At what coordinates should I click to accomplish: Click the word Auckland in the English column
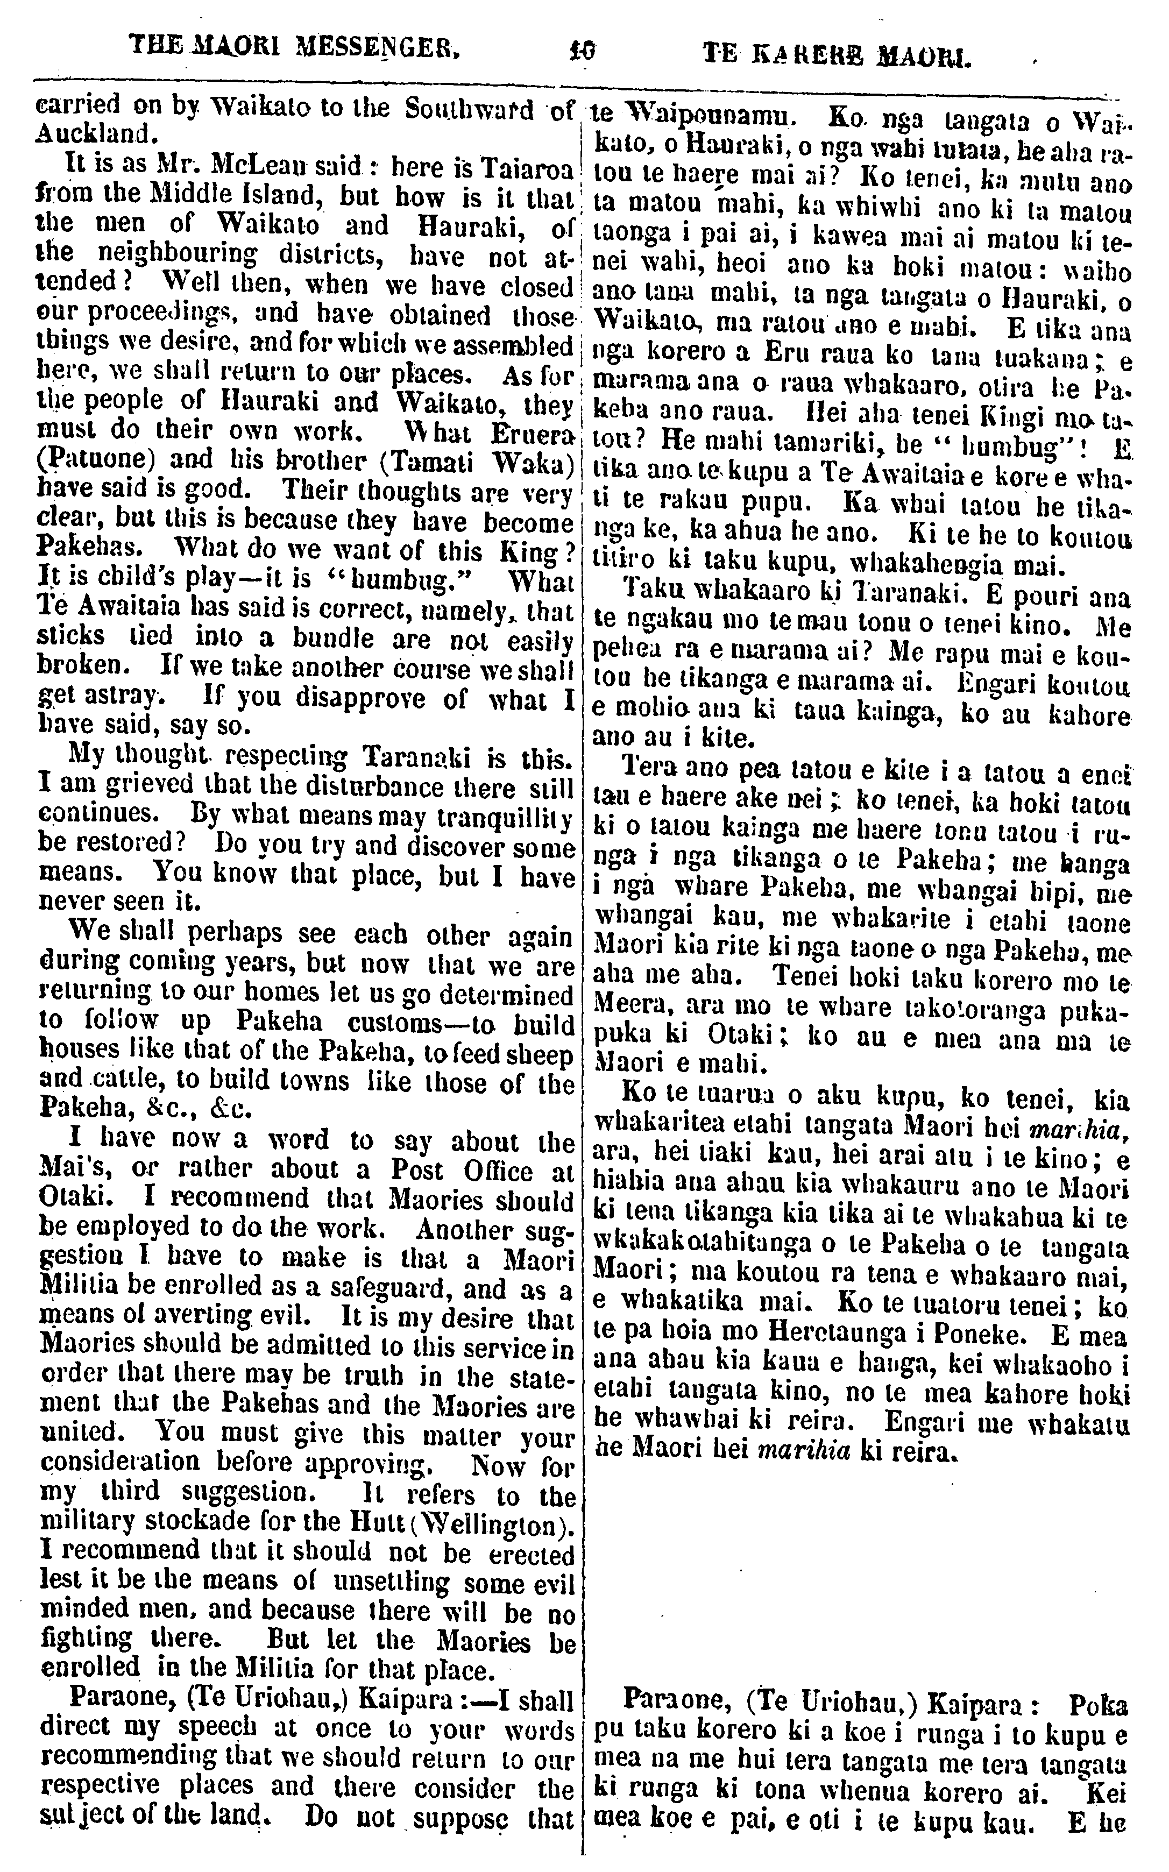94,134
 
